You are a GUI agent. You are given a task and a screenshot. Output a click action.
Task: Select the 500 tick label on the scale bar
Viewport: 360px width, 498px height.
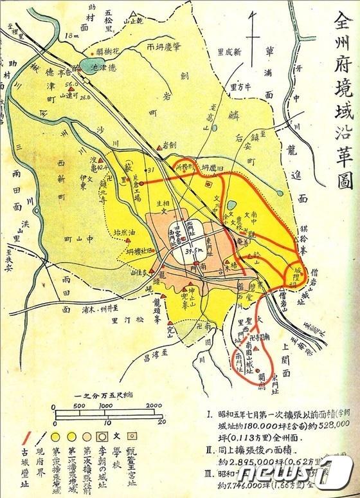click(80, 405)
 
